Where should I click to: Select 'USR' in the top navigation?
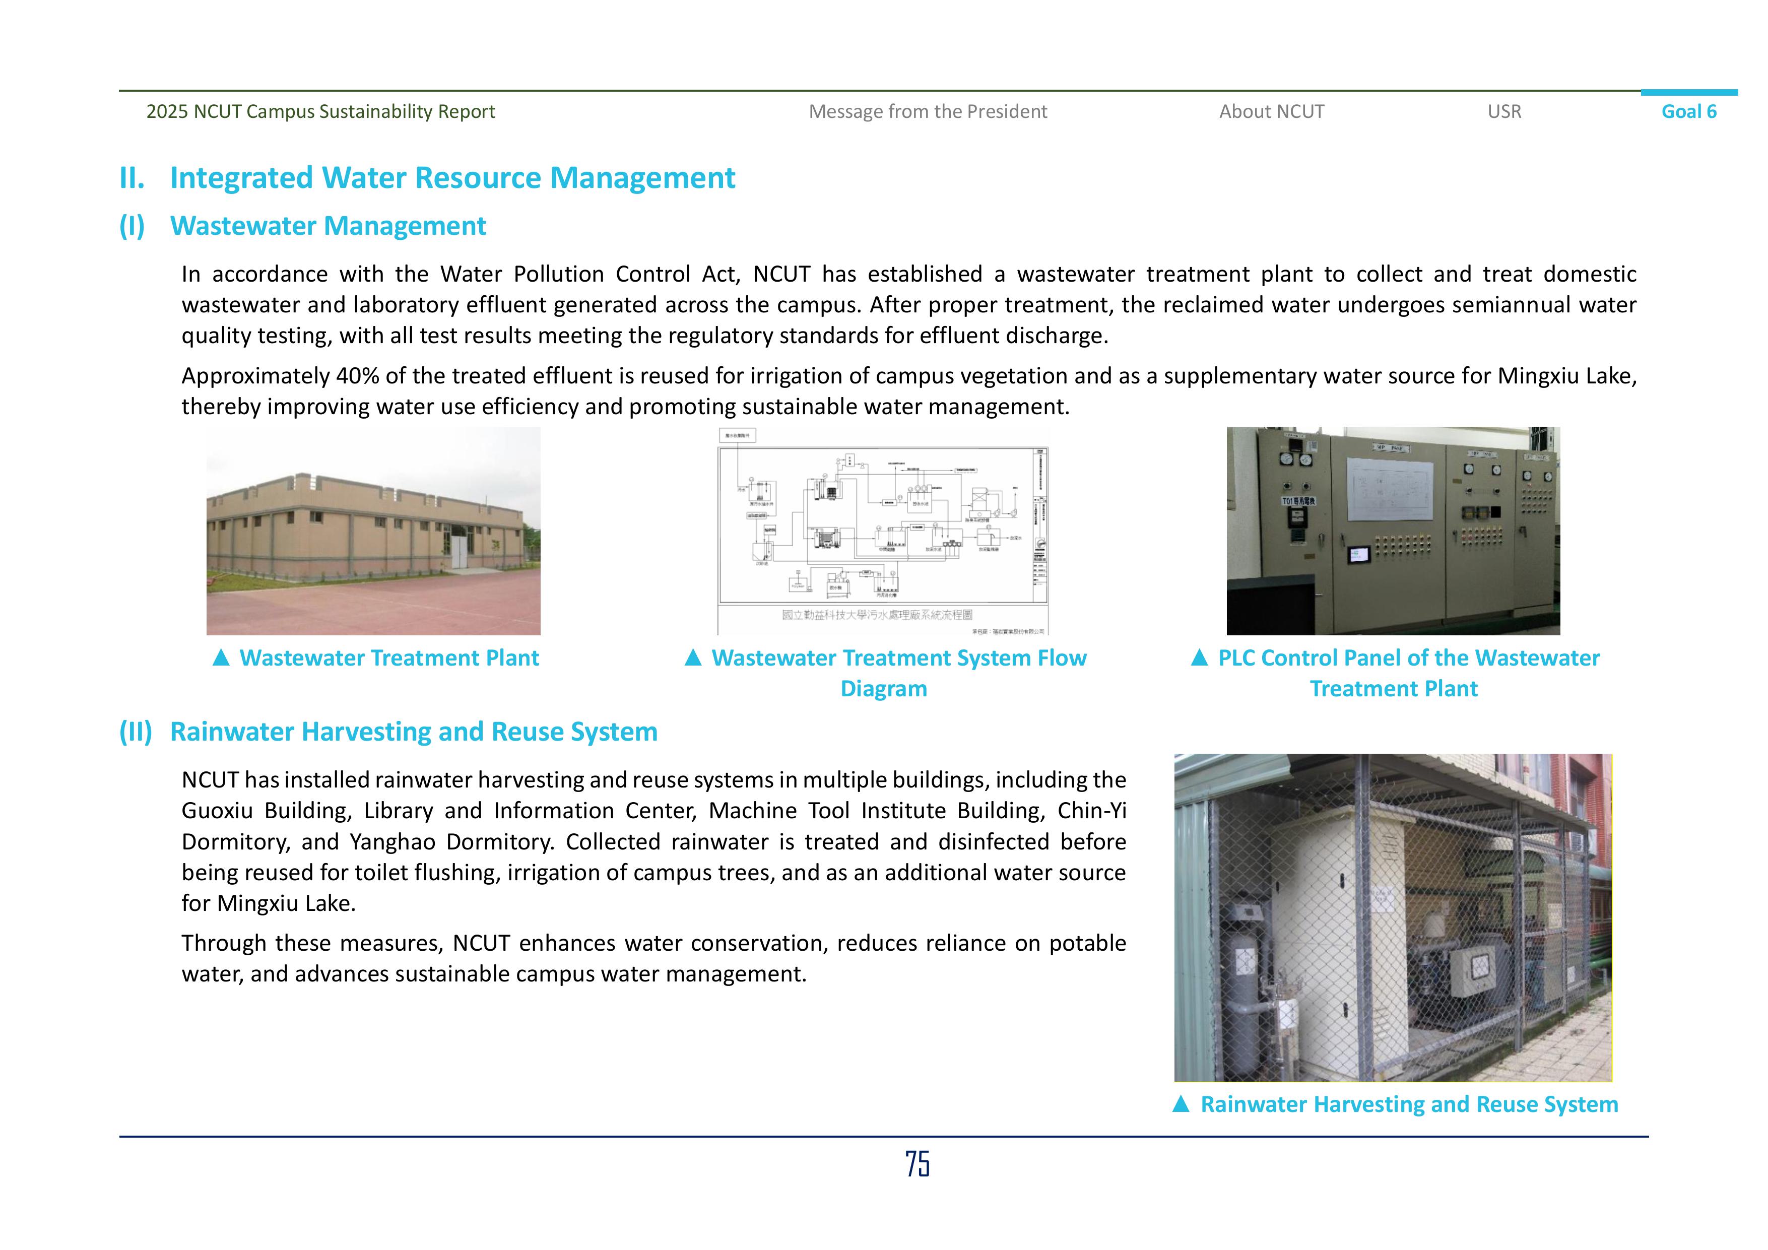point(1504,112)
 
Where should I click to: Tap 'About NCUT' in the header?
point(1271,112)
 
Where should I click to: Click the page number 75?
point(917,1164)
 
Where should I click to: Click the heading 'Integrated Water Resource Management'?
point(452,178)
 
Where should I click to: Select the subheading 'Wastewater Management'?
point(328,226)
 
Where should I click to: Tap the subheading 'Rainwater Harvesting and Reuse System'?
point(414,732)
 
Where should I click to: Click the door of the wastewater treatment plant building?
point(459,553)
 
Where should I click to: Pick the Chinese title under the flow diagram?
point(876,615)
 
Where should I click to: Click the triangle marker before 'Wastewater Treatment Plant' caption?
point(221,657)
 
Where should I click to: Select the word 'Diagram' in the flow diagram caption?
point(883,689)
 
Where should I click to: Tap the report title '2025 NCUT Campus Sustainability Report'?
point(320,112)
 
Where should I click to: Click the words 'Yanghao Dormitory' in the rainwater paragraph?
point(451,842)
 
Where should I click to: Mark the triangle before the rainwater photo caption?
point(1181,1104)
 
